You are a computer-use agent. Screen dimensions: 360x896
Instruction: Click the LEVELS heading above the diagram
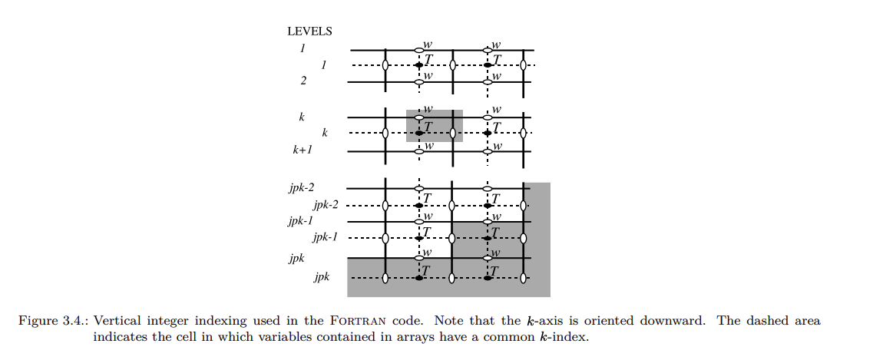(x=309, y=31)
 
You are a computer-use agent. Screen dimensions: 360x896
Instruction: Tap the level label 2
(x=303, y=80)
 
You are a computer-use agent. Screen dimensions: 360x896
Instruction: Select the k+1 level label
(x=302, y=150)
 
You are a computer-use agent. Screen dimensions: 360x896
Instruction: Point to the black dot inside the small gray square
(x=418, y=134)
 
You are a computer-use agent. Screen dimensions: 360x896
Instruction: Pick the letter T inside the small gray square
(x=428, y=127)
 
